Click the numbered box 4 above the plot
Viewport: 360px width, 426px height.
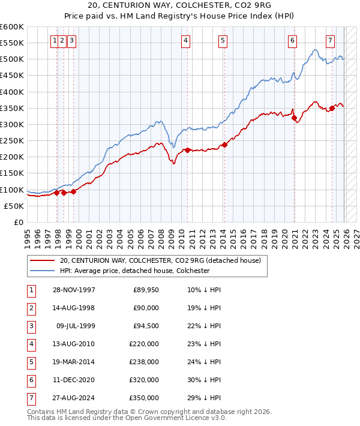click(186, 41)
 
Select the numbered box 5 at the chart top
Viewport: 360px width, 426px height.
click(223, 41)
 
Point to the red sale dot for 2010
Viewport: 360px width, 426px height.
click(187, 150)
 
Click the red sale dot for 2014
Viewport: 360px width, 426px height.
click(224, 145)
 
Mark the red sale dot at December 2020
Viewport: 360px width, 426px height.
click(294, 118)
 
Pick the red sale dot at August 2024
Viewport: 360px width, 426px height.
click(332, 108)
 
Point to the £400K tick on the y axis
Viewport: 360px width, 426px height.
click(12, 92)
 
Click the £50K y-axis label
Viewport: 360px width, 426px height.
click(14, 206)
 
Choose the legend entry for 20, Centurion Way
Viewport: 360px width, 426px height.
click(160, 261)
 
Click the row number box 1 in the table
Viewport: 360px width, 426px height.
click(31, 290)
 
